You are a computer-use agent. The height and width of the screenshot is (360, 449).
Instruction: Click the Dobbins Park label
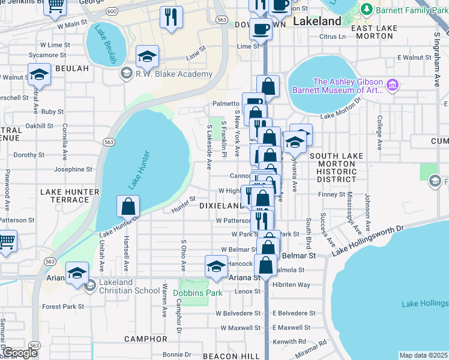[x=197, y=293]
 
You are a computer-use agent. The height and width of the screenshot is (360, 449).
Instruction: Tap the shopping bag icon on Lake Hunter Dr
[x=129, y=207]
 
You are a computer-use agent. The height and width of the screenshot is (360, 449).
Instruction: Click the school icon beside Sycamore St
[x=147, y=56]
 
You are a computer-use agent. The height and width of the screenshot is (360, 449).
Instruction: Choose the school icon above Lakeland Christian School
[x=77, y=274]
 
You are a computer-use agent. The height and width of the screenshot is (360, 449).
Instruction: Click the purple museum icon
[x=393, y=85]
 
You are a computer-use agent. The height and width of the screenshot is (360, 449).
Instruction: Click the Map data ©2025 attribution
[x=423, y=355]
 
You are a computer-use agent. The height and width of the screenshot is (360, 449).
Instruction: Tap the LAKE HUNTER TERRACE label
[x=64, y=196]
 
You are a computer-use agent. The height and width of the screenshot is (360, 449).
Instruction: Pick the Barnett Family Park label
[x=411, y=10]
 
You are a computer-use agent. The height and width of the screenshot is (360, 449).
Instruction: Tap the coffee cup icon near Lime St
[x=261, y=29]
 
